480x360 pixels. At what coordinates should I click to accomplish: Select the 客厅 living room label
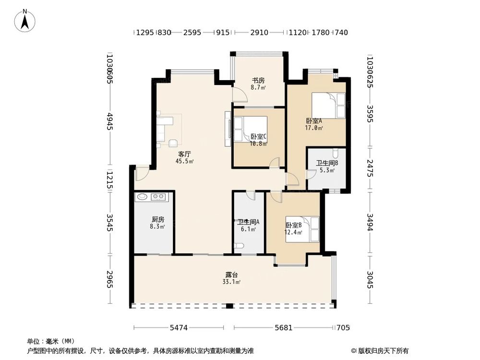pos(185,154)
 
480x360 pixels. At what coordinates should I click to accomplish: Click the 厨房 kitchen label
pos(157,219)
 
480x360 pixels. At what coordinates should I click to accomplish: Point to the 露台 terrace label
pos(232,275)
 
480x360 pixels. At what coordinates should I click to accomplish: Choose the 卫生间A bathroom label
pos(248,222)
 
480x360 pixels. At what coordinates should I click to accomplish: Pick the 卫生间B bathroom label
pos(326,163)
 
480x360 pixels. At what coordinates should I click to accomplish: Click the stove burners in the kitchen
pos(158,196)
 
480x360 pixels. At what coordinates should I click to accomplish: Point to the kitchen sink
pos(142,196)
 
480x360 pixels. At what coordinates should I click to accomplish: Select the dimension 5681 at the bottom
pos(283,328)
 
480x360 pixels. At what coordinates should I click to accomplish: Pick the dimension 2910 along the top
pos(259,33)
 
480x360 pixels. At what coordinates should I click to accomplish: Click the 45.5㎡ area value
pos(185,162)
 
